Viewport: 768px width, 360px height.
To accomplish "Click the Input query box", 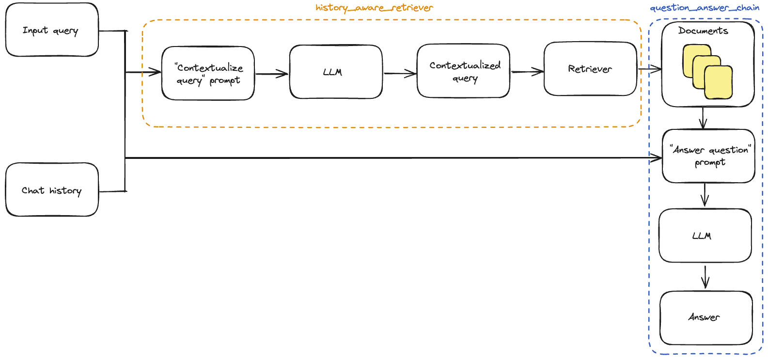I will tap(52, 30).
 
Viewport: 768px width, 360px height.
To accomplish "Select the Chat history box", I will tap(52, 190).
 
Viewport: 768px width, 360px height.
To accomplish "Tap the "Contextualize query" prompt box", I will tap(208, 74).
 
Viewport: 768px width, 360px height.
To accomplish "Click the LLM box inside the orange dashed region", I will tap(335, 72).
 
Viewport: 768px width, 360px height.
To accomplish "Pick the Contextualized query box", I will tap(463, 71).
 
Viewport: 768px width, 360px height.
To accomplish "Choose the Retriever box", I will tap(590, 69).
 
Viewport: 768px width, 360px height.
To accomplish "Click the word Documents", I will tap(703, 31).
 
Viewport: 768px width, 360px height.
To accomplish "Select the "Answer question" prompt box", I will tap(708, 156).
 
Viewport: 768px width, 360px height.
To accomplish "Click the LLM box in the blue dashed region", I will tap(705, 235).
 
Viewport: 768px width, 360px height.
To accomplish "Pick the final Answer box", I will tap(705, 317).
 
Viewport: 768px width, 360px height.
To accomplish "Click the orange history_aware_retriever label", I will tap(374, 7).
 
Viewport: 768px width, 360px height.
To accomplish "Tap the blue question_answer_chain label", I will tap(704, 7).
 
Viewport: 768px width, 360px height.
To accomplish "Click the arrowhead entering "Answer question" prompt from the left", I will tap(658, 158).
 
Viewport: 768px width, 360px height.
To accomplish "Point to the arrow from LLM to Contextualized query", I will tap(400, 74).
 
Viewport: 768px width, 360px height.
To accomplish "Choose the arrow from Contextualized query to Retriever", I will tap(527, 72).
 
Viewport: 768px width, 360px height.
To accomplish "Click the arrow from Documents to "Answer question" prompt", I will tap(703, 118).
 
